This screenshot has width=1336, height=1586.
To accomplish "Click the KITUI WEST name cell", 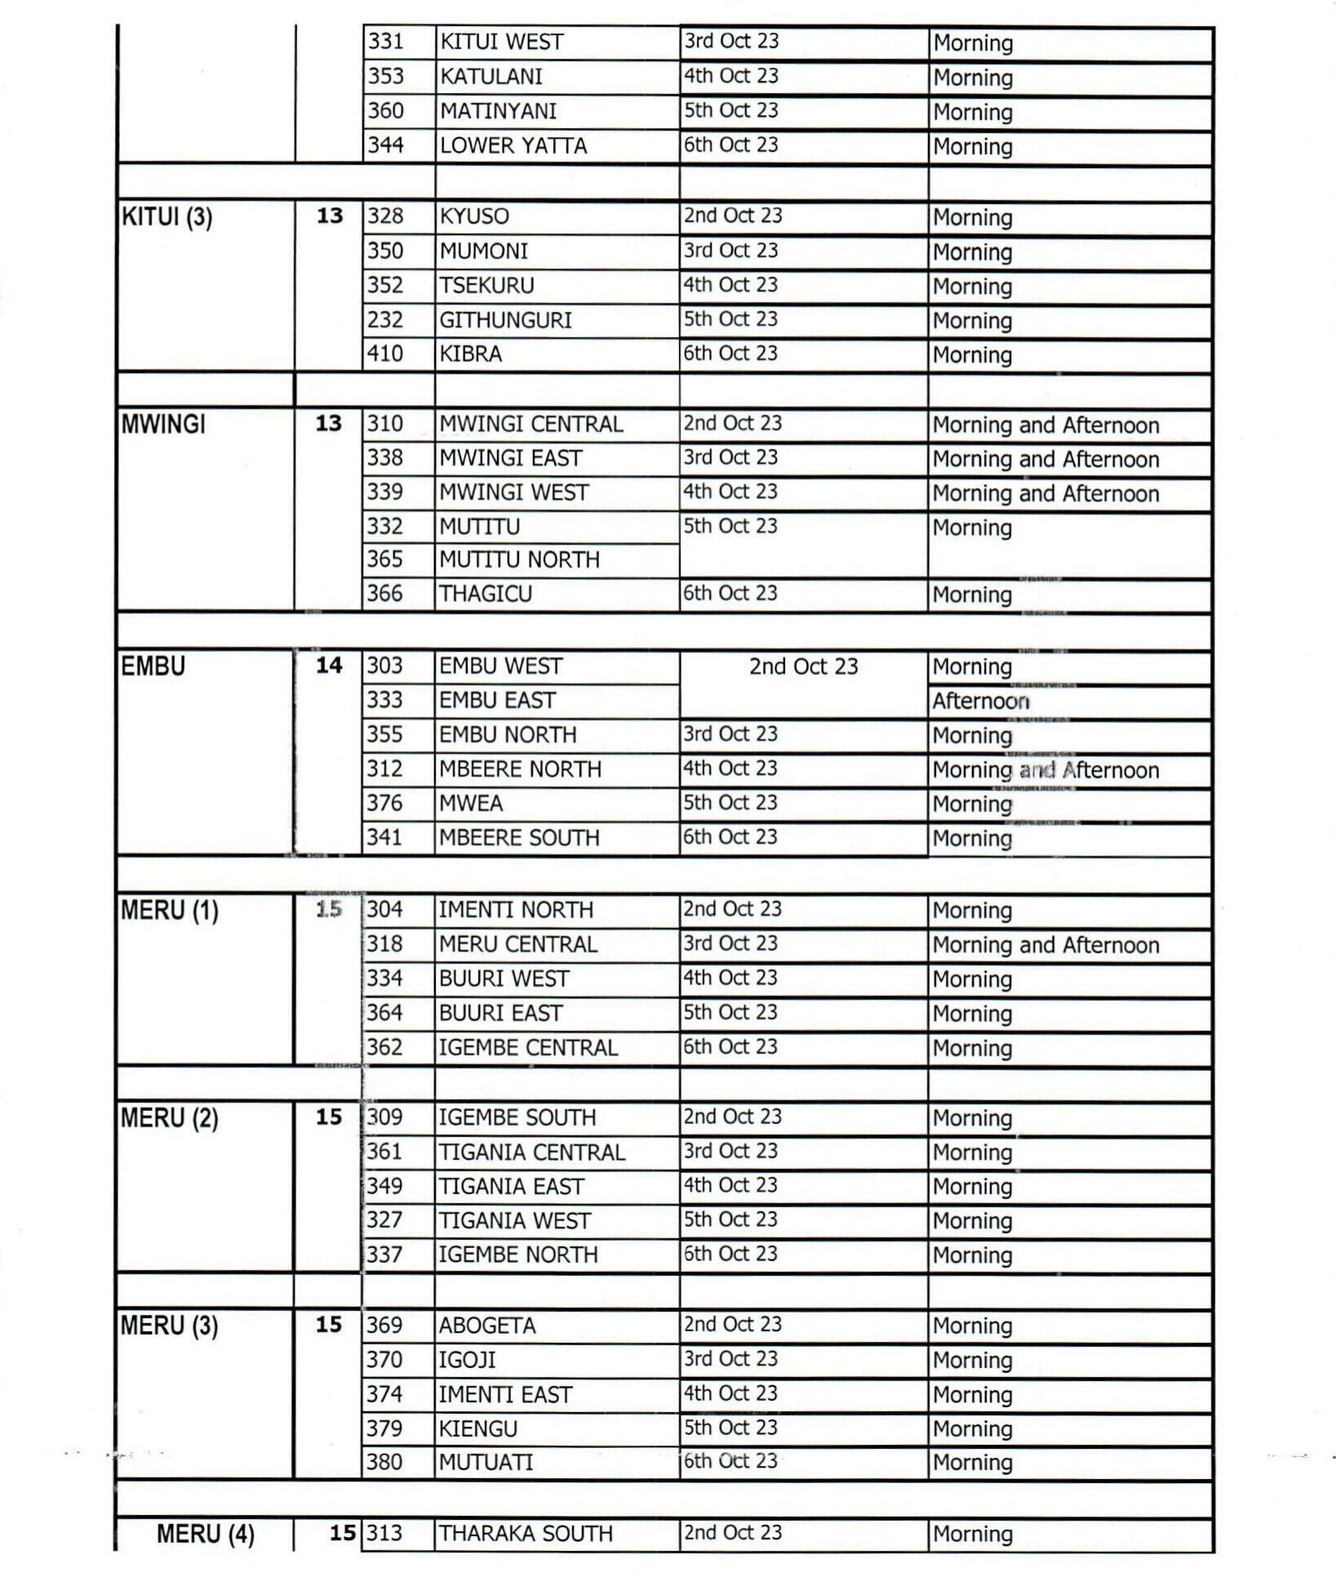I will [501, 42].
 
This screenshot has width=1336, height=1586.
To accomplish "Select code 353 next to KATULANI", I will [385, 76].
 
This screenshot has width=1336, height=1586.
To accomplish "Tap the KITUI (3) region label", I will [166, 217].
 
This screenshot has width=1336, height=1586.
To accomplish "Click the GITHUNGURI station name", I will [505, 320].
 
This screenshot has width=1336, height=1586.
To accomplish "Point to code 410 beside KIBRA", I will [384, 353].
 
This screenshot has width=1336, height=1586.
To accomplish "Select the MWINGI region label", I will [163, 424].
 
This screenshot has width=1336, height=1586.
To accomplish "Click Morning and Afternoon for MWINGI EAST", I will [1045, 460].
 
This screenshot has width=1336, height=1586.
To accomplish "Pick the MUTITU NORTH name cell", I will [519, 560].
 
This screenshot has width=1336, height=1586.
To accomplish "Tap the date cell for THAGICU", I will [730, 593].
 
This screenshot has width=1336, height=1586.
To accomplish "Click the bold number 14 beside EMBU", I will [329, 665].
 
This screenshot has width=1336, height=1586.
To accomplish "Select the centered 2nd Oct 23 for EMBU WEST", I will [803, 667].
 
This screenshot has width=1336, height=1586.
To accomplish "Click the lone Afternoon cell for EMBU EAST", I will [980, 701].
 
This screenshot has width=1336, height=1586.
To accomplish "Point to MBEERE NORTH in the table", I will [520, 769].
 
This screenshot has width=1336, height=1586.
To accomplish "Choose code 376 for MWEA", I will [384, 803].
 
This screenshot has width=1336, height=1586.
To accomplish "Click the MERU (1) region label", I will [170, 910].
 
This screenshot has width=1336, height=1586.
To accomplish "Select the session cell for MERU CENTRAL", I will [1045, 945].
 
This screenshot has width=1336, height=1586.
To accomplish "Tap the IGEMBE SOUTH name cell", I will [517, 1117].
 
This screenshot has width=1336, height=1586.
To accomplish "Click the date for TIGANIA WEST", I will [730, 1219].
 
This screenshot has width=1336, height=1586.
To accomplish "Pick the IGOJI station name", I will [467, 1360].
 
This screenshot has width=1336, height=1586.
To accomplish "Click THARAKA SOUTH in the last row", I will [525, 1534].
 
